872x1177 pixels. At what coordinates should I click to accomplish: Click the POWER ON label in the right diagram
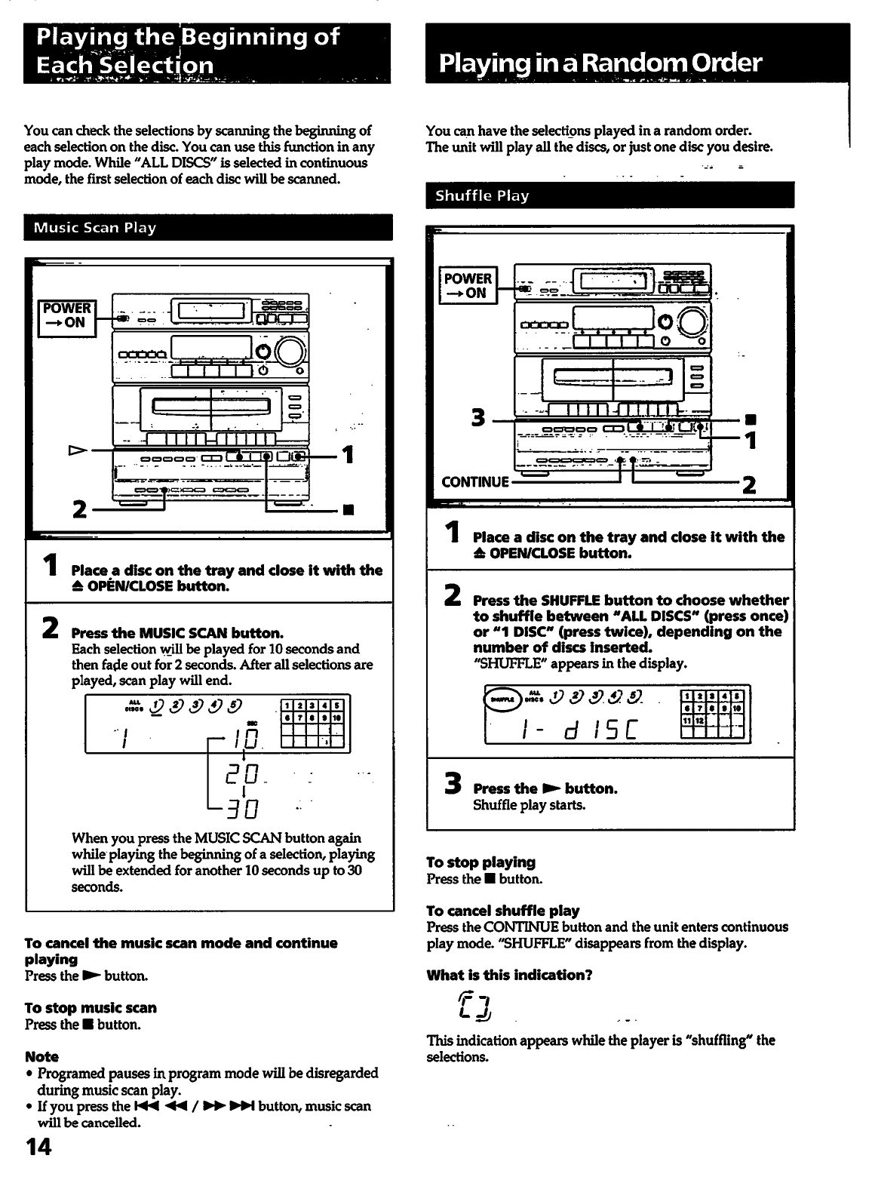468,286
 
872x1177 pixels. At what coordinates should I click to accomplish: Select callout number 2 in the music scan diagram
78,509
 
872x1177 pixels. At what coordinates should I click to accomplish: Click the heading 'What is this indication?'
509,975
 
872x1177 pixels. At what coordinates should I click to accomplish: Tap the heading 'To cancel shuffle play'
502,911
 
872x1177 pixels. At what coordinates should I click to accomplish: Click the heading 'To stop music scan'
91,1007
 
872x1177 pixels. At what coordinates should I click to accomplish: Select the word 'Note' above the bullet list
41,1056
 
